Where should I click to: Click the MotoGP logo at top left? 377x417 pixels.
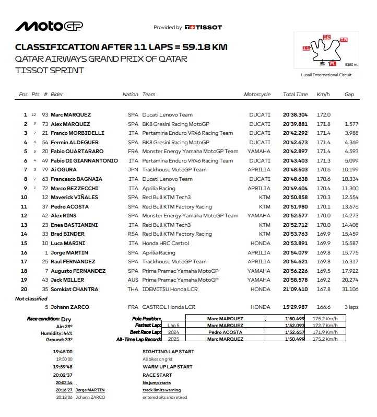click(49, 26)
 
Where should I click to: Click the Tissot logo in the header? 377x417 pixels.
click(204, 27)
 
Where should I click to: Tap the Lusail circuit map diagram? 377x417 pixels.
click(325, 51)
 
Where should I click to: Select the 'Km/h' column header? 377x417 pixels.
click(323, 95)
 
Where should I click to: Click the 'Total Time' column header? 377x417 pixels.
click(295, 95)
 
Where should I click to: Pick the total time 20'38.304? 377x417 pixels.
click(295, 115)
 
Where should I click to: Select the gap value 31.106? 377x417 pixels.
click(350, 289)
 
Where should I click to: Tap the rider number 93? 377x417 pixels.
click(45, 115)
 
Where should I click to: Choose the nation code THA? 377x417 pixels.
click(133, 289)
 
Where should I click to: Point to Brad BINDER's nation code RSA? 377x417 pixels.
click(133, 234)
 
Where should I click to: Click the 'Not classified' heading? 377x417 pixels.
click(31, 298)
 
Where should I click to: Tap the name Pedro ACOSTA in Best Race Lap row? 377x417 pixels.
click(226, 332)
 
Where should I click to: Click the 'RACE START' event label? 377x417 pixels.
click(157, 375)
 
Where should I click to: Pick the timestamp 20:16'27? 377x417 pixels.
click(64, 390)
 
